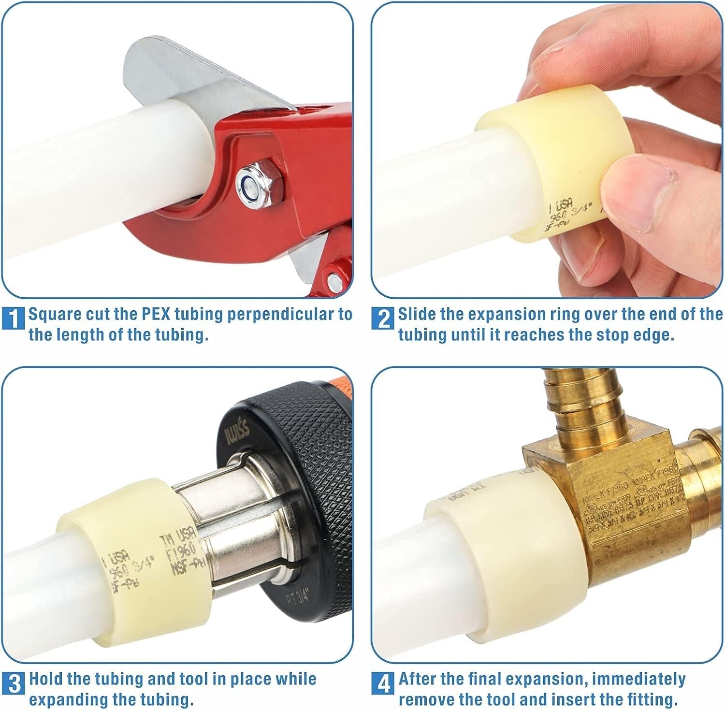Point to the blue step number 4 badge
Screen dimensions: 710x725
tap(383, 682)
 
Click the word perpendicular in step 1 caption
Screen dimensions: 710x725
tap(276, 314)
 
